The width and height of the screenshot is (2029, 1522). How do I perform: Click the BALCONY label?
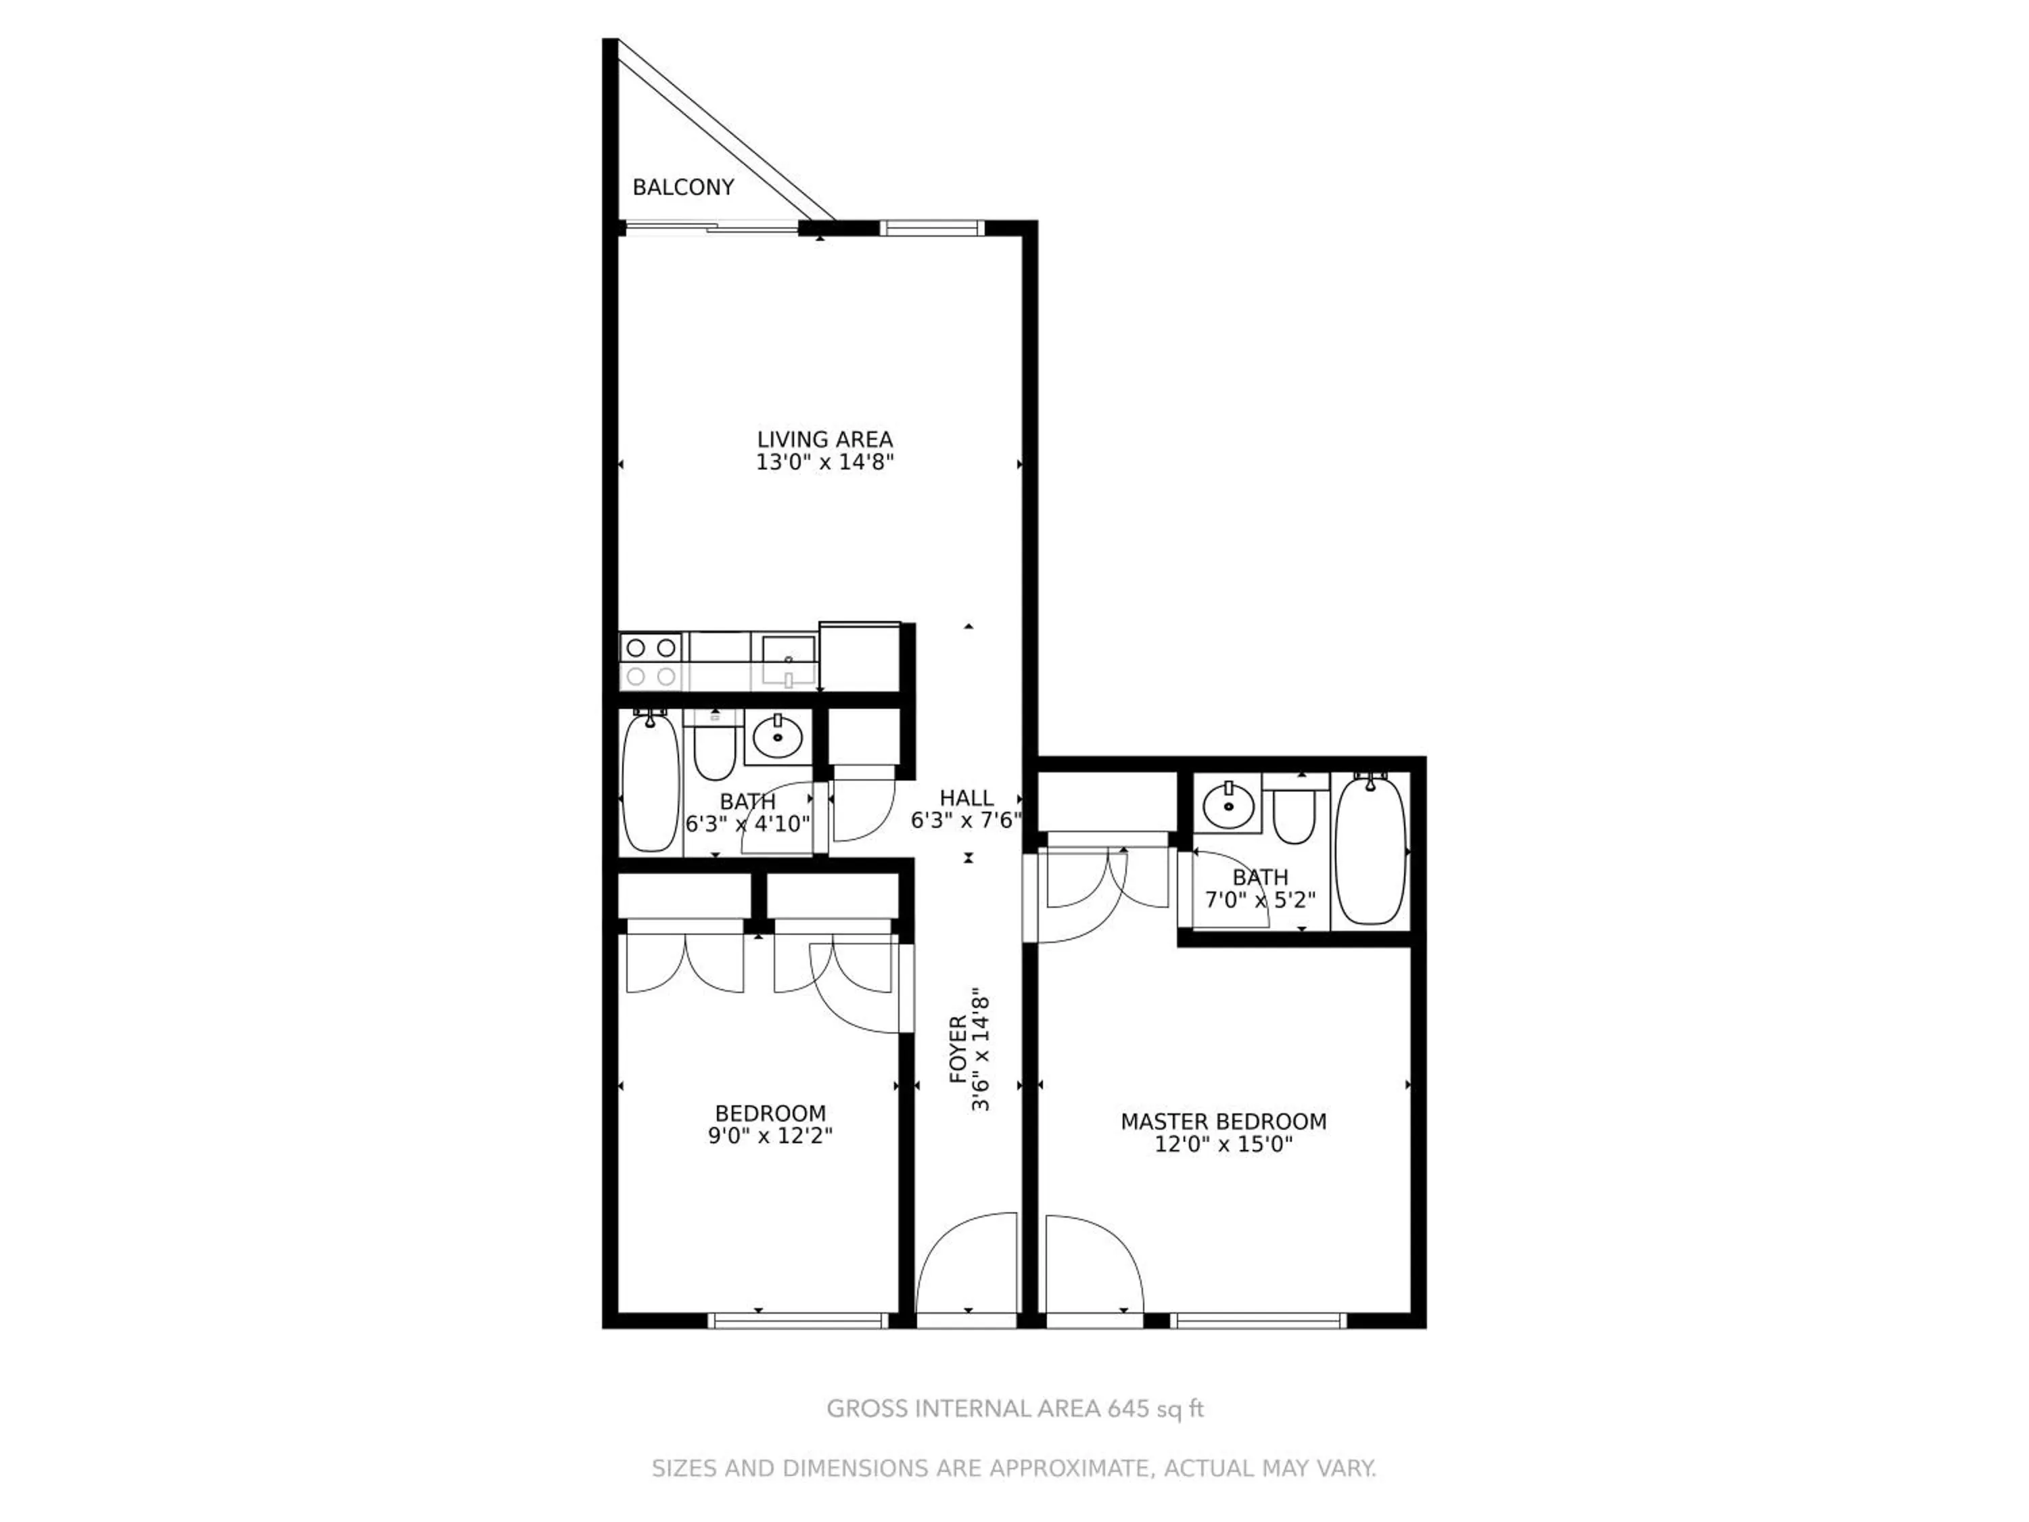pos(683,187)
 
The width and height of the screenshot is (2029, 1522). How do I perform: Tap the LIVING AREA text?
pos(824,440)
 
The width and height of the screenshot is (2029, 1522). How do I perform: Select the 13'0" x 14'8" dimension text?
pos(824,463)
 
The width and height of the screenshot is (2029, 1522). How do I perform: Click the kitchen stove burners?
pos(651,660)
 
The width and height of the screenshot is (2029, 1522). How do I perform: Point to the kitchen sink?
pos(788,660)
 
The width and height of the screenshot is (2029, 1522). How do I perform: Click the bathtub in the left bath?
pos(651,783)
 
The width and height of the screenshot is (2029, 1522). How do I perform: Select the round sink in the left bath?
pos(778,737)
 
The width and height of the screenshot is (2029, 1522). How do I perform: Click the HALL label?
pos(966,798)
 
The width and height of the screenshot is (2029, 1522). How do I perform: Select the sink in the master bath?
pos(1229,806)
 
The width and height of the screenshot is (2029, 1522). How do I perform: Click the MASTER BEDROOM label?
pos(1223,1121)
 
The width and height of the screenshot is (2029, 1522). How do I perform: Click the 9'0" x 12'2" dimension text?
pos(770,1136)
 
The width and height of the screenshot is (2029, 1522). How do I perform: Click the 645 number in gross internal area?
pos(1128,1408)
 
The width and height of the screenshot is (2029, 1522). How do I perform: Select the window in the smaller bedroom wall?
pos(798,1320)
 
